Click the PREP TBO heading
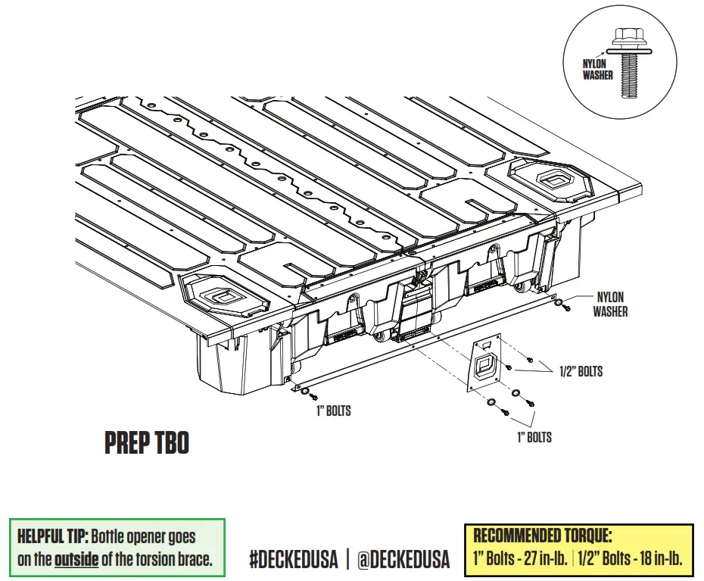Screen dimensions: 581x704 tap(146, 443)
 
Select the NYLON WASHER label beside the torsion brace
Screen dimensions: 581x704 tap(610, 305)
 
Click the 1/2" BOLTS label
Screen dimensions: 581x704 tap(581, 372)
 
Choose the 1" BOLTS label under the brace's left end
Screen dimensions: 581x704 tap(333, 411)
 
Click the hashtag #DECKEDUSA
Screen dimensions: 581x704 tap(291, 559)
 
